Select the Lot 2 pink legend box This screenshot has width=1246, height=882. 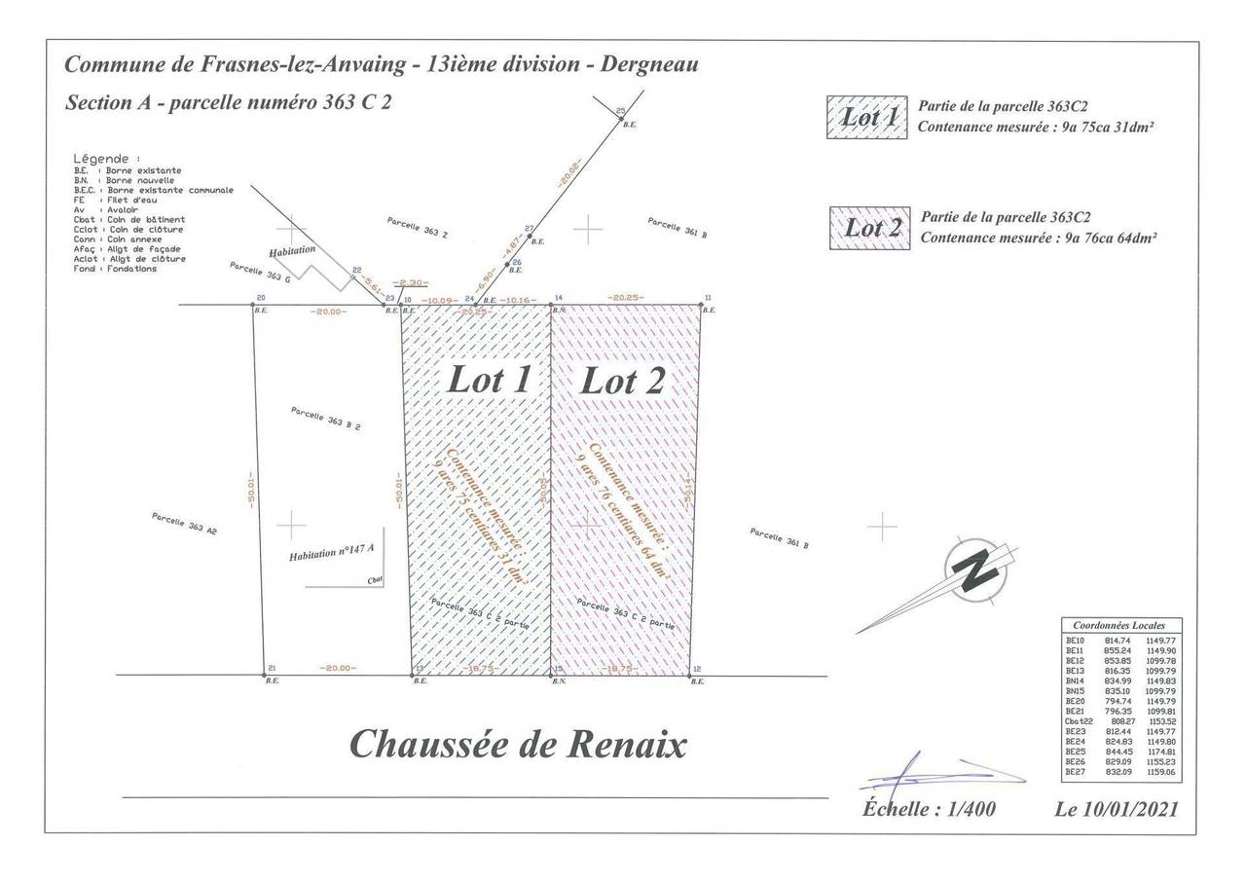(x=870, y=229)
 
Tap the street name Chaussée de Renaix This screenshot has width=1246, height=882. (x=517, y=745)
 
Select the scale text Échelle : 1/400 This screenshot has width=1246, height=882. (x=929, y=809)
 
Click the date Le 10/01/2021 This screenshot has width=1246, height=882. (x=1116, y=809)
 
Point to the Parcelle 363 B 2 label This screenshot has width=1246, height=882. (x=326, y=418)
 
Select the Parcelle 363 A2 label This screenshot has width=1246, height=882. (x=184, y=523)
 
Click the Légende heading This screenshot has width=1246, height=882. (x=106, y=158)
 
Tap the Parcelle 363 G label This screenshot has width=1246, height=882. (x=260, y=272)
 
